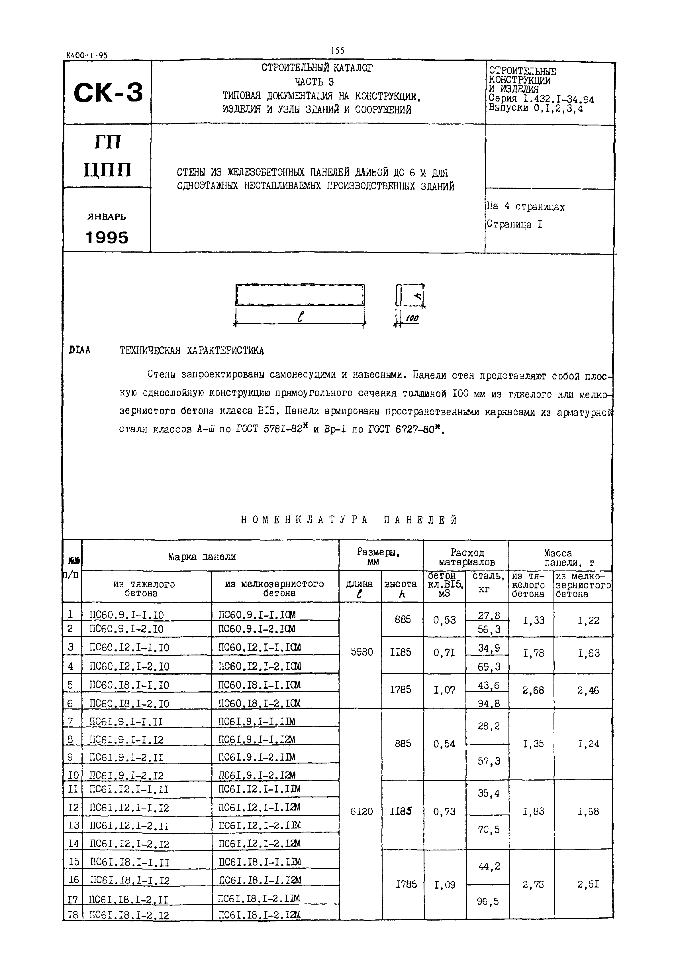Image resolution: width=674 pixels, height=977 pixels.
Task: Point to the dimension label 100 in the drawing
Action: (412, 319)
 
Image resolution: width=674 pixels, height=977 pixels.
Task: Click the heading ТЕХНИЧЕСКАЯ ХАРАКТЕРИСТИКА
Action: (191, 351)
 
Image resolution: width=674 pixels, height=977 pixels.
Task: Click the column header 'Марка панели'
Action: (202, 556)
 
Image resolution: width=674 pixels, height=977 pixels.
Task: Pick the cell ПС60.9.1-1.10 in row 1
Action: (127, 615)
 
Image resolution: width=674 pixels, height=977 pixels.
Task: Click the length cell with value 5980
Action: (361, 652)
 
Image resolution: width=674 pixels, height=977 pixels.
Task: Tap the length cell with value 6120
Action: (361, 811)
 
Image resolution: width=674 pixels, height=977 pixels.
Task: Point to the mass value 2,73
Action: (533, 884)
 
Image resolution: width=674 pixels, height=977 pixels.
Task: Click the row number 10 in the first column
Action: (73, 775)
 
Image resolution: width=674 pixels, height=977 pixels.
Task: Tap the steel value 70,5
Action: (489, 830)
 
